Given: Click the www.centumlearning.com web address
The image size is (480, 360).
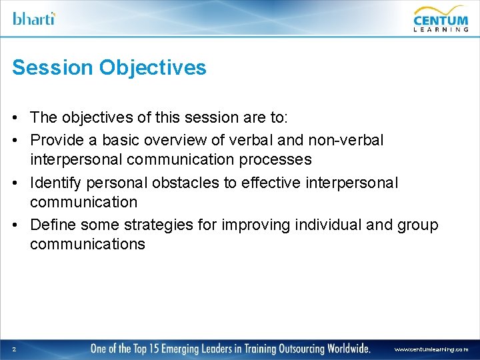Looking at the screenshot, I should (431, 349).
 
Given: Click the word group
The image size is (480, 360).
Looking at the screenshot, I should (417, 224).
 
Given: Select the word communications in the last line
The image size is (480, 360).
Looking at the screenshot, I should (87, 245).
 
